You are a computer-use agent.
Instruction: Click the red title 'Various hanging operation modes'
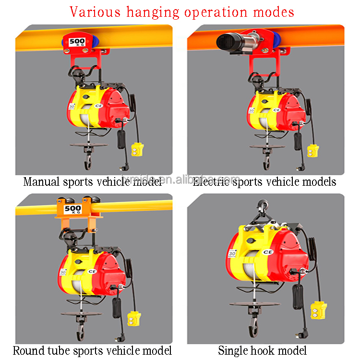[182, 12]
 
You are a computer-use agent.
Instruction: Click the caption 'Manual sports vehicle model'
[93, 182]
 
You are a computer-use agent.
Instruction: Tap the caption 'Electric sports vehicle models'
[264, 182]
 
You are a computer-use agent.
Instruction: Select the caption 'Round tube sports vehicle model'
[92, 351]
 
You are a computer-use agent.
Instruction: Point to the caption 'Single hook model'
[263, 351]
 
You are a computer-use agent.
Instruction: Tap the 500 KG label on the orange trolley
[72, 209]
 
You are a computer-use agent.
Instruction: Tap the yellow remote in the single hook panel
[318, 312]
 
